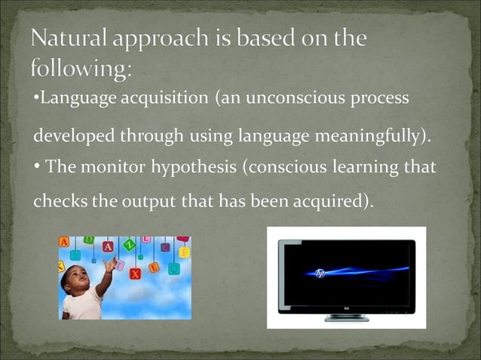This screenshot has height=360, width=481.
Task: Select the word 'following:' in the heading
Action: point(81,69)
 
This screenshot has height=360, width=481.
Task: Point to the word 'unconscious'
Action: point(280,99)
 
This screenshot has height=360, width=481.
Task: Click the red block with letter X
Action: point(136,273)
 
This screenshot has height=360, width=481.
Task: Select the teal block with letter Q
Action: point(174,267)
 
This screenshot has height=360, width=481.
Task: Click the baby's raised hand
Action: point(111,263)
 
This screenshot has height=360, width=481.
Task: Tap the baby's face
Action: point(80,278)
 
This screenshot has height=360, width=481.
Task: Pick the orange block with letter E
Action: point(154,267)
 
